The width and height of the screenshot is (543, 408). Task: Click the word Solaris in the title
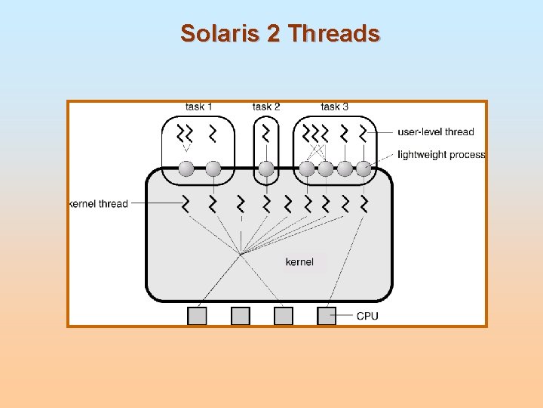[x=219, y=33]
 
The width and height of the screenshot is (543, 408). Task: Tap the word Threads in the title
[x=334, y=33]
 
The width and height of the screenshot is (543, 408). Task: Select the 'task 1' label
[x=199, y=107]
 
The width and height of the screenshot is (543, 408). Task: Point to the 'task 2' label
[x=266, y=107]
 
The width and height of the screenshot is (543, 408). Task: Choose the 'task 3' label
[x=334, y=107]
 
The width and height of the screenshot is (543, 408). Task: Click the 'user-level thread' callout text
[x=437, y=131]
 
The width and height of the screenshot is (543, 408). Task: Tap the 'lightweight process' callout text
[x=441, y=155]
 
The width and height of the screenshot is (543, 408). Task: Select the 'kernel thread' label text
[x=99, y=204]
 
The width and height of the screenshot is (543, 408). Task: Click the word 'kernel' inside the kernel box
[x=299, y=262]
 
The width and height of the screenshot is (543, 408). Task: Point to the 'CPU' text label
[x=367, y=316]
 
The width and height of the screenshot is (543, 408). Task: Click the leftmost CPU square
[x=197, y=316]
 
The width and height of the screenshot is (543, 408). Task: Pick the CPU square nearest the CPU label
[x=327, y=316]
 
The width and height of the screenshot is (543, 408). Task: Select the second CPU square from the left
[x=241, y=316]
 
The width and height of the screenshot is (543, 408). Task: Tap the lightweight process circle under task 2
[x=266, y=168]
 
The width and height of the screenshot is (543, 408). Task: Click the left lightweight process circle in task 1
[x=186, y=168]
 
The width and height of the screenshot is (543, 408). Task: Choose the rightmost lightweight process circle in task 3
[x=364, y=168]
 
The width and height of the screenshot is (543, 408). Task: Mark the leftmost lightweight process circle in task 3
[x=307, y=168]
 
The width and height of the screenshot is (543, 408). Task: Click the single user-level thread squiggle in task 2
[x=266, y=134]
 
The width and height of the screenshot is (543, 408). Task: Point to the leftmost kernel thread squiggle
[x=186, y=203]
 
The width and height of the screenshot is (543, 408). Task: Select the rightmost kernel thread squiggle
[x=364, y=203]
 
